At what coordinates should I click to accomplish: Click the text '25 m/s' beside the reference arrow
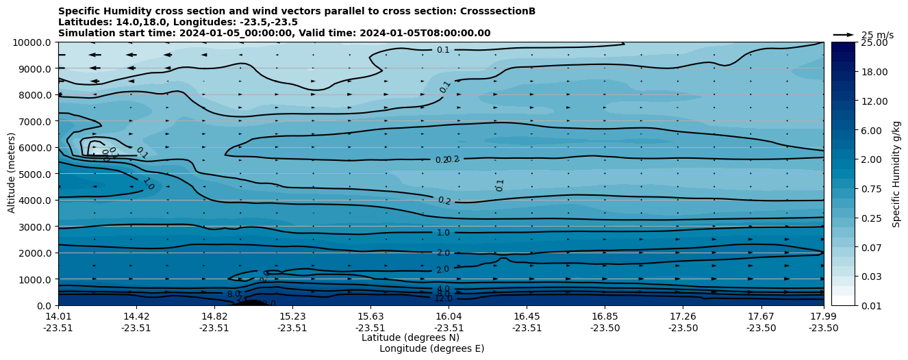pyautogui.click(x=877, y=35)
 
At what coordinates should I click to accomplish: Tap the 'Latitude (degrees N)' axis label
pyautogui.click(x=410, y=337)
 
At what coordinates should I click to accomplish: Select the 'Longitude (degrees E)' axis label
pyautogui.click(x=431, y=348)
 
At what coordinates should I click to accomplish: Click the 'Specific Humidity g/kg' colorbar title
pyautogui.click(x=896, y=174)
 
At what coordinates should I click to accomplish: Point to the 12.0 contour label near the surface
pyautogui.click(x=443, y=298)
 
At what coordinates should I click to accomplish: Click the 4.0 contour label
pyautogui.click(x=443, y=289)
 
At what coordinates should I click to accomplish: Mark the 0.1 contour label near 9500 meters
pyautogui.click(x=443, y=50)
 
